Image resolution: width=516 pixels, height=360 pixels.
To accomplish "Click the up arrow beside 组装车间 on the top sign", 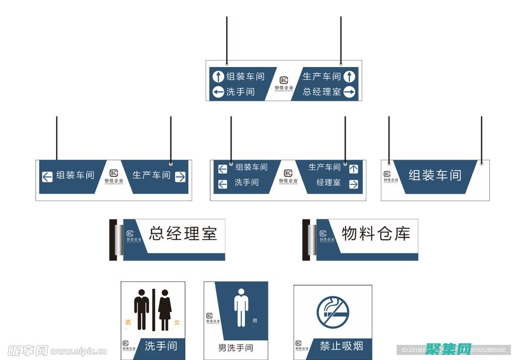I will (218, 77).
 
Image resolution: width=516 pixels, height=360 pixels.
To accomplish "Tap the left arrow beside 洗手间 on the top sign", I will (218, 92).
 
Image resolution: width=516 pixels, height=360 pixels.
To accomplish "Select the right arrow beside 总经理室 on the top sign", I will (350, 92).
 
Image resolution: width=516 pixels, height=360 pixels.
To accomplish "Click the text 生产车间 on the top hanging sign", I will (321, 77).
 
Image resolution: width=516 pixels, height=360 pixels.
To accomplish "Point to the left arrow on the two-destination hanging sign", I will (47, 176).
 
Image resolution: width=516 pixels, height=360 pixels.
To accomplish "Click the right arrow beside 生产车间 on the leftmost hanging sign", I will (180, 176).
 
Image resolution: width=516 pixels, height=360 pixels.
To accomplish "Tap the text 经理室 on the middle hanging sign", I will (328, 183).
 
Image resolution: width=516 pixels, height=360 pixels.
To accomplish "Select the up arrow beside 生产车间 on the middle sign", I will (353, 169).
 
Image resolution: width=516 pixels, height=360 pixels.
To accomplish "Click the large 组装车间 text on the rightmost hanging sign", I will (435, 175).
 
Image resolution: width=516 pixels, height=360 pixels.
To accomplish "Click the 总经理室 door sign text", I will (183, 233).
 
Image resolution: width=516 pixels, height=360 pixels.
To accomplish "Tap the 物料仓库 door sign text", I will (376, 233).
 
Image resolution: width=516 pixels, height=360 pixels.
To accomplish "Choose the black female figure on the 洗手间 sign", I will (165, 309).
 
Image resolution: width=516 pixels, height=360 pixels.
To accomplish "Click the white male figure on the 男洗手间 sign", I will (241, 308).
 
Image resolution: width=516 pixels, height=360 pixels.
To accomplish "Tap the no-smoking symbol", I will (333, 313).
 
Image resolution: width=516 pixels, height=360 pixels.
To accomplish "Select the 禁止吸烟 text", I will (341, 346).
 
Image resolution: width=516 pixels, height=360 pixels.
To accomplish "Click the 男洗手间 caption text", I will (235, 348).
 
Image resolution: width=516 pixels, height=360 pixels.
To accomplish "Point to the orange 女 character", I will (177, 323).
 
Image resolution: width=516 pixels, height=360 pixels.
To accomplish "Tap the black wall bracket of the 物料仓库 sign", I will (305, 239).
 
